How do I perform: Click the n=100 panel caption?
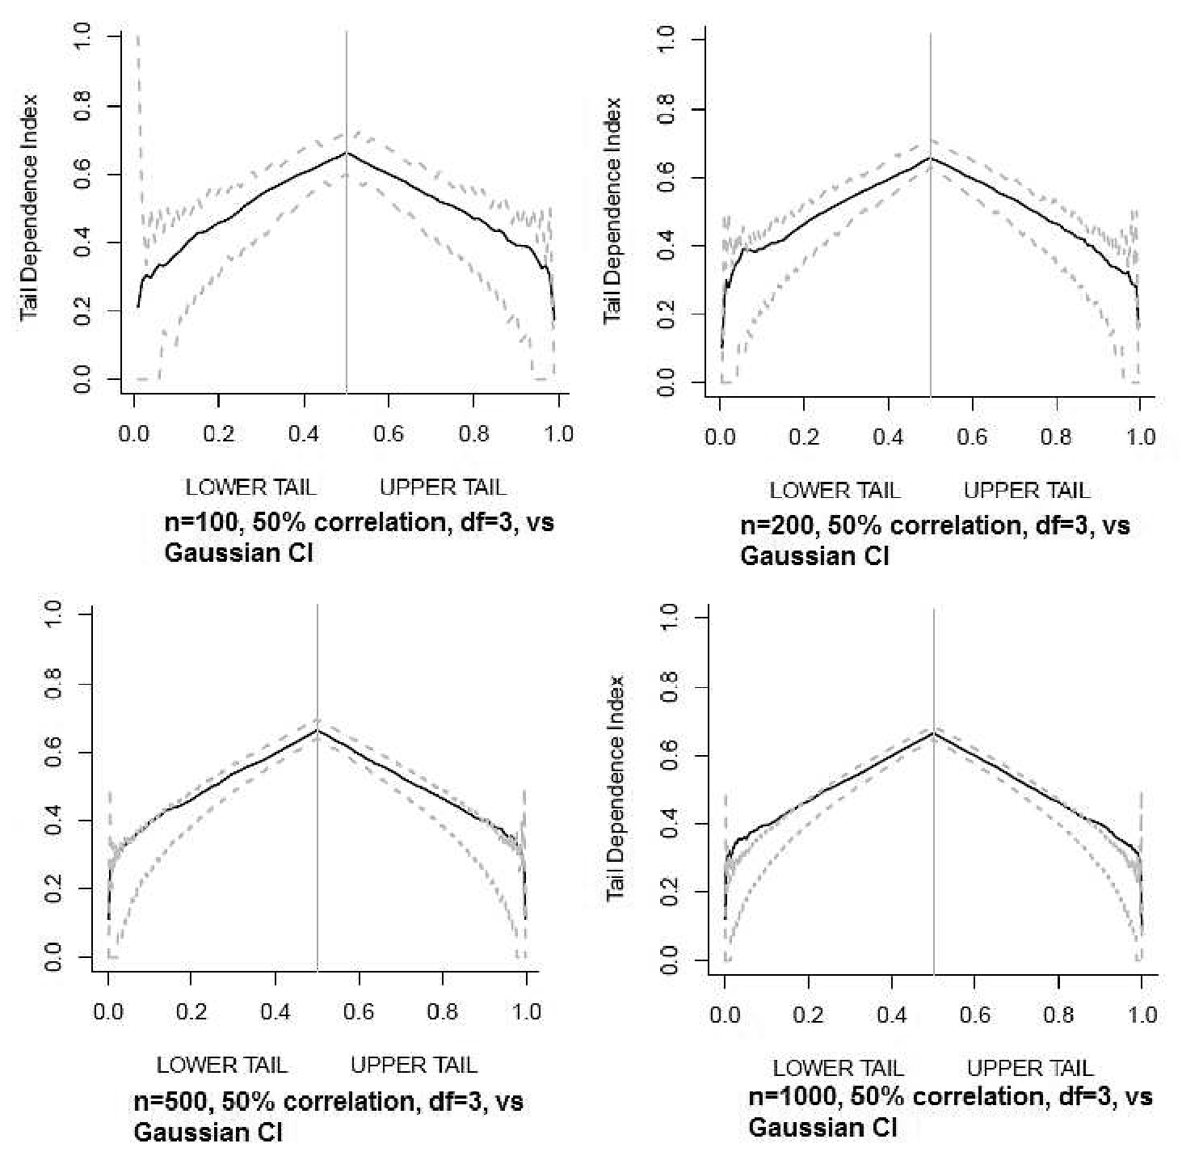pyautogui.click(x=360, y=538)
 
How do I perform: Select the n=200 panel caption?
pyautogui.click(x=935, y=541)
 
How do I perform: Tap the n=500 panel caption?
pyautogui.click(x=329, y=1116)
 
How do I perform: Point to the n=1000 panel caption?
pyautogui.click(x=950, y=1112)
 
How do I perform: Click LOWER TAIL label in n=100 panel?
pyautogui.click(x=250, y=487)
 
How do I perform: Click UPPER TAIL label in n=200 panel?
pyautogui.click(x=1027, y=490)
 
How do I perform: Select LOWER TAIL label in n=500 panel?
pyautogui.click(x=221, y=1065)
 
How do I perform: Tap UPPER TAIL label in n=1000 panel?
pyautogui.click(x=1030, y=1068)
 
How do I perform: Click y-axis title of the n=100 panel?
pyautogui.click(x=30, y=207)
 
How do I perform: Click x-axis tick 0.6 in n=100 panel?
pyautogui.click(x=389, y=434)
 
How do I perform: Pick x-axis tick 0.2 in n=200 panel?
pyautogui.click(x=804, y=437)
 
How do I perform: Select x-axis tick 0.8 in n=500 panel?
pyautogui.click(x=443, y=1012)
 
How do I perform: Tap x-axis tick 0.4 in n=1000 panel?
pyautogui.click(x=892, y=1015)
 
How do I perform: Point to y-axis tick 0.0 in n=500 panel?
pyautogui.click(x=53, y=957)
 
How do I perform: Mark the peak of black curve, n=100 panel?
pyautogui.click(x=347, y=152)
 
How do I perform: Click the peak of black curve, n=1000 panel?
pyautogui.click(x=934, y=732)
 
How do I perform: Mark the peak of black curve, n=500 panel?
pyautogui.click(x=318, y=730)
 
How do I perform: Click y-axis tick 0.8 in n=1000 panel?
pyautogui.click(x=668, y=687)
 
